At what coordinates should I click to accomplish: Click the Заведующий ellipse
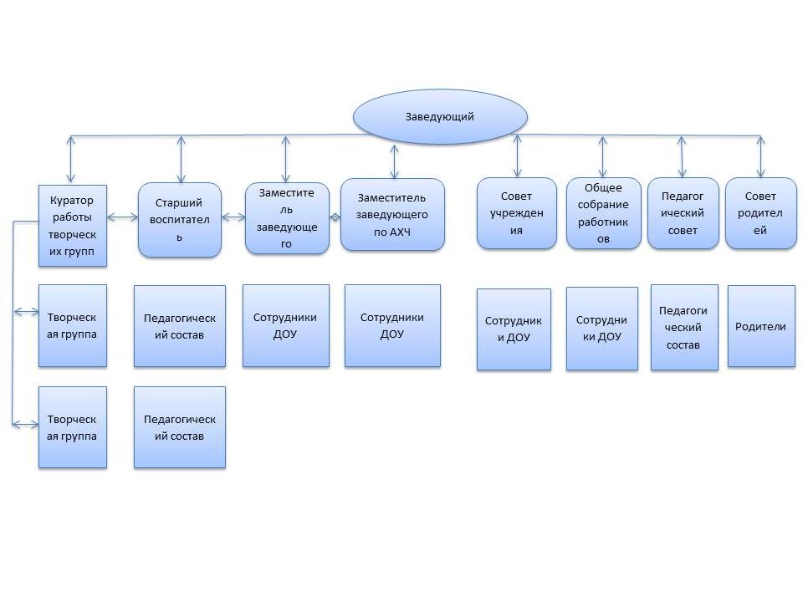coord(440,116)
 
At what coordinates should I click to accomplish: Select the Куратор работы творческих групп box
coord(73,226)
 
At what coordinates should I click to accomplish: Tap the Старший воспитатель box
coord(180,220)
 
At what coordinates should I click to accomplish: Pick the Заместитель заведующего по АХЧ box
coord(392,214)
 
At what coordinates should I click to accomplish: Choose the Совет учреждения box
coord(516,213)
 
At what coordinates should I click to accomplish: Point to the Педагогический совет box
coord(683,213)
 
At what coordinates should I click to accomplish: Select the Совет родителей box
coord(760,213)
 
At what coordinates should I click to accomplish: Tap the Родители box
coord(760,326)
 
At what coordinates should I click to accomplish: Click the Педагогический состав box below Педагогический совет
coord(684,327)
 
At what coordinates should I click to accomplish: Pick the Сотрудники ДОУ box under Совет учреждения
coord(514,329)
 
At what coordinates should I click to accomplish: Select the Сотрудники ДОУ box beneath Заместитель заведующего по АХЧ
coord(392,326)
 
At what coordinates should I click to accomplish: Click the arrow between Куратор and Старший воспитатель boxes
coord(122,218)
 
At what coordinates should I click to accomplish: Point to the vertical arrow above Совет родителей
coord(760,156)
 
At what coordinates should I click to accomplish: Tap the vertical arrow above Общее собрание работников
coord(601,156)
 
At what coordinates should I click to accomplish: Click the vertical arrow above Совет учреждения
coord(518,156)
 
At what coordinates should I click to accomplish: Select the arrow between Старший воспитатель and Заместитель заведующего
coord(233,218)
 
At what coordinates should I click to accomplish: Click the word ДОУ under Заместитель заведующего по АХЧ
coord(392,334)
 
